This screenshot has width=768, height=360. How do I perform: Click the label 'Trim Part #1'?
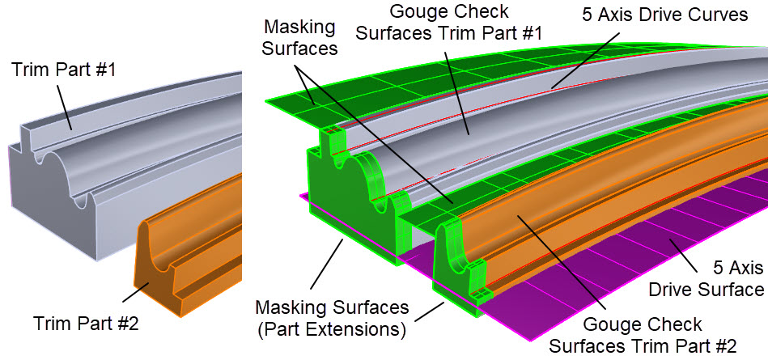click(63, 70)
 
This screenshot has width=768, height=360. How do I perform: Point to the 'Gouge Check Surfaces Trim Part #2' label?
click(643, 335)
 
